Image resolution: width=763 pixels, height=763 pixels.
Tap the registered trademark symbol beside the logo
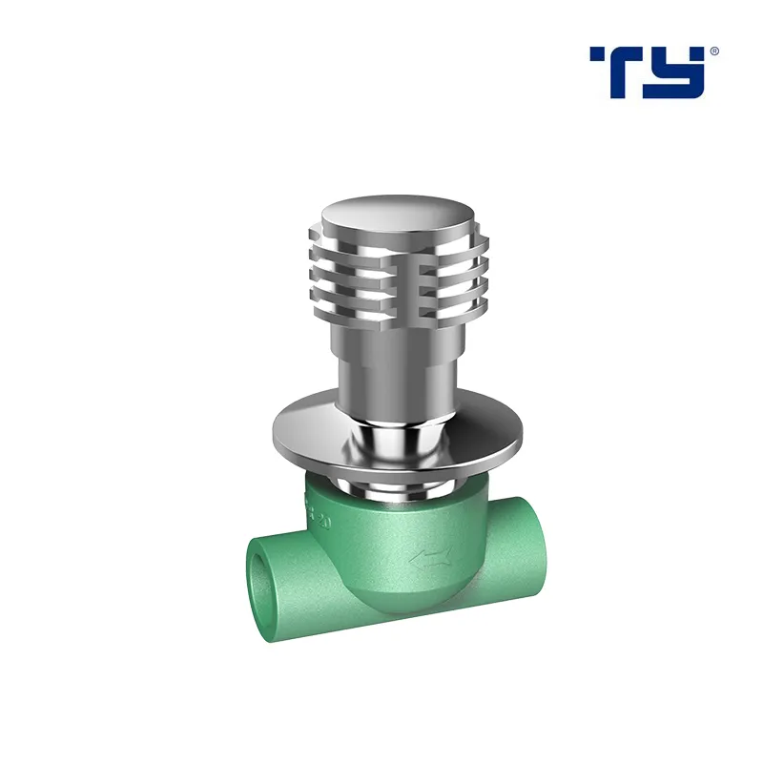click(714, 51)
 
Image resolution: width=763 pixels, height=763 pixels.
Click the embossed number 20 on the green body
click(322, 522)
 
